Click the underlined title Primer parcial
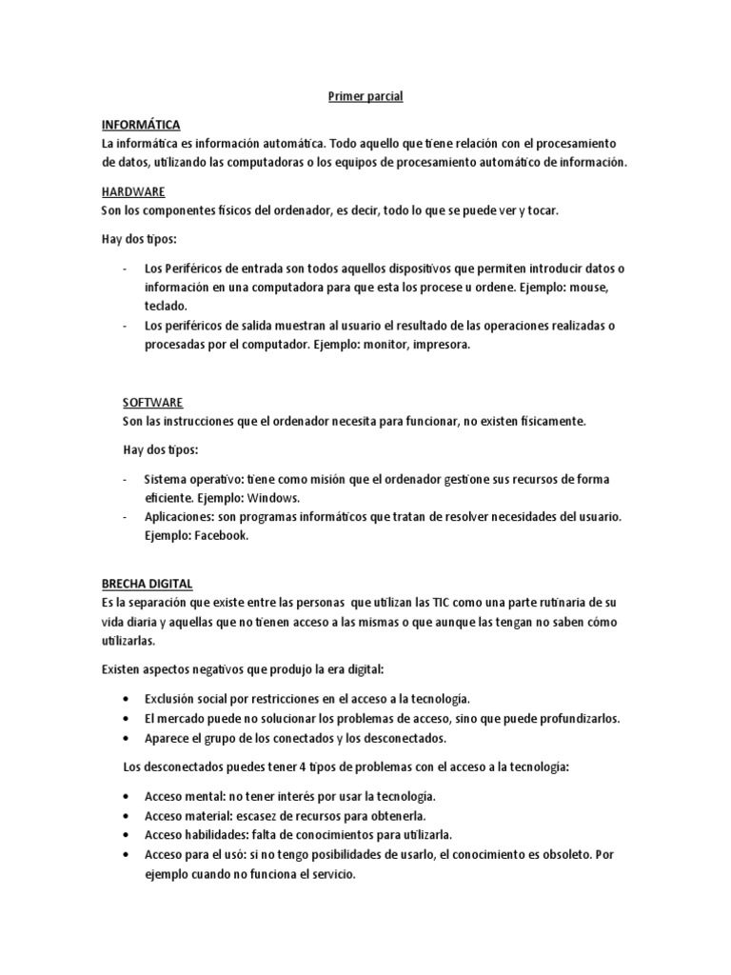[365, 96]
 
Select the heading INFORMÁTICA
[141, 125]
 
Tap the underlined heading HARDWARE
[133, 191]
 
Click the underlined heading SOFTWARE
[153, 403]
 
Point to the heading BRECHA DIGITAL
[147, 584]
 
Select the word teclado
[166, 307]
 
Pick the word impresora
[439, 345]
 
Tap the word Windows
[274, 498]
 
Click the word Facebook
[221, 536]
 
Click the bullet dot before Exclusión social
[128, 700]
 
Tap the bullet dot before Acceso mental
[128, 796]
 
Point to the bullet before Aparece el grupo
[128, 738]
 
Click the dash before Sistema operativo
[127, 479]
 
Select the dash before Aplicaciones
[127, 517]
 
